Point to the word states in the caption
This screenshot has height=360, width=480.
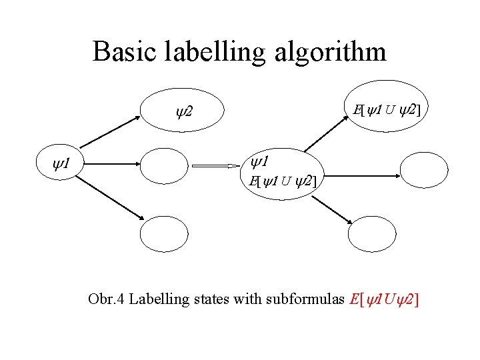pyautogui.click(x=211, y=299)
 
